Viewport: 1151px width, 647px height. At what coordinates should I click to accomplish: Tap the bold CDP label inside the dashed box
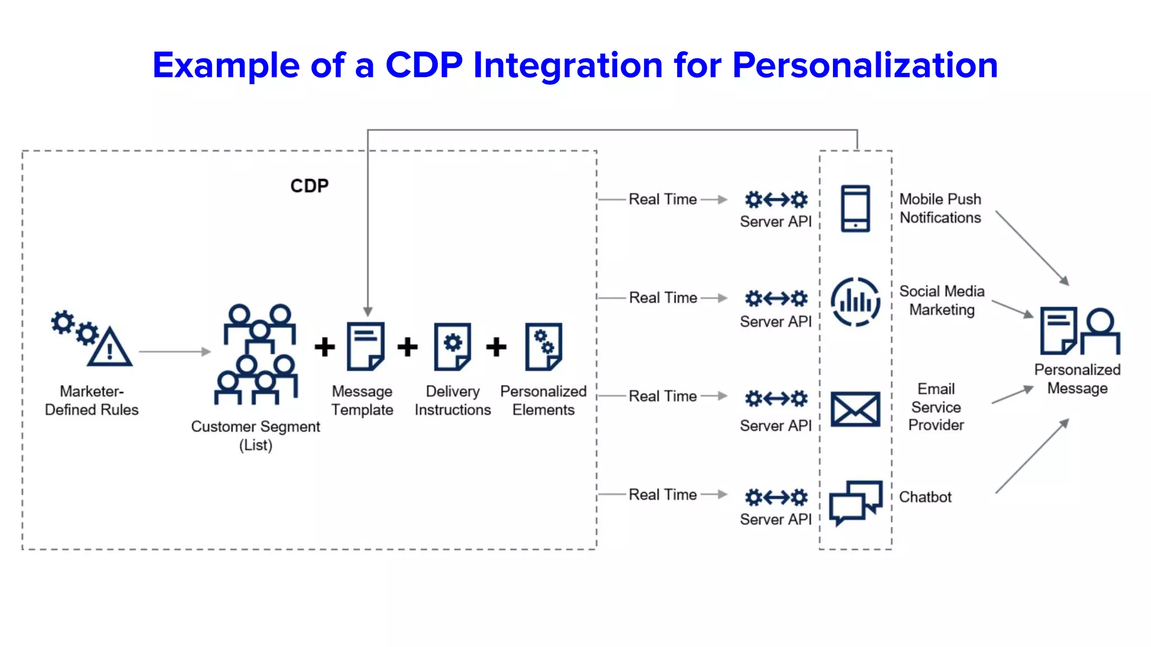point(309,186)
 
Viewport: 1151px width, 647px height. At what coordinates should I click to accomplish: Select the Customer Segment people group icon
point(257,354)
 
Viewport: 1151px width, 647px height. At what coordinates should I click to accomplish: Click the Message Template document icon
point(365,346)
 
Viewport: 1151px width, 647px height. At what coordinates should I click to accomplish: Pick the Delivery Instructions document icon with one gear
point(452,346)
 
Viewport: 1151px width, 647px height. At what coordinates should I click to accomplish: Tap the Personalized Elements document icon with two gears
point(543,346)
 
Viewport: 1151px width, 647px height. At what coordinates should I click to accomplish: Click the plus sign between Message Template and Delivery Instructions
point(407,347)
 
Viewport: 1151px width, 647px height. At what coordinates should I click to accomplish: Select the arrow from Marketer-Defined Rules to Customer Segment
point(174,352)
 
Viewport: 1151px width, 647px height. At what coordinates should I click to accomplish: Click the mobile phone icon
point(855,208)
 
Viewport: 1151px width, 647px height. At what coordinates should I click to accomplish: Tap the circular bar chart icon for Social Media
point(855,302)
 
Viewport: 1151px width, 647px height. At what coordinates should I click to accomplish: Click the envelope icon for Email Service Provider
point(855,409)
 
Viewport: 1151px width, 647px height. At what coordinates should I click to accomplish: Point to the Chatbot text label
point(925,497)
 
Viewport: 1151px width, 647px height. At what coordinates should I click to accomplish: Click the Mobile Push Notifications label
point(940,208)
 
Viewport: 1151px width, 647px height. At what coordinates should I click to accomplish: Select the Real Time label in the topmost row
point(663,199)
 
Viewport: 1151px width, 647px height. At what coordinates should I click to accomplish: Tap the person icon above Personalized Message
point(1100,331)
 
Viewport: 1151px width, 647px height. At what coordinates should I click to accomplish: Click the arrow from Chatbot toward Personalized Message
point(1032,456)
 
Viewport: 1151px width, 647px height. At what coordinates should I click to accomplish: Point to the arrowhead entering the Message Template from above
point(368,312)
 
